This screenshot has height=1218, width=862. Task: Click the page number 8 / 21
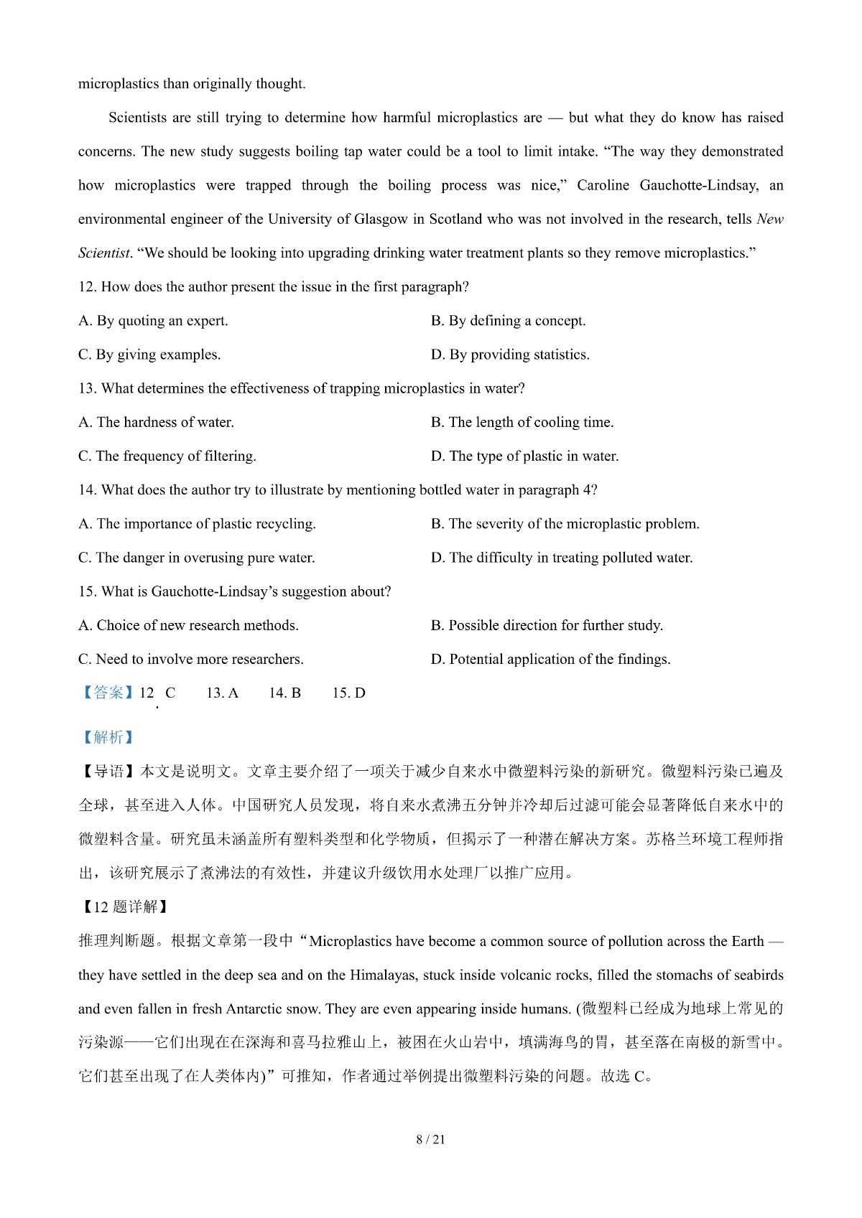coord(430,1139)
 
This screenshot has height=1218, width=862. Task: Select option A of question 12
coord(153,321)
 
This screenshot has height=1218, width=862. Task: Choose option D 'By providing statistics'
coord(510,355)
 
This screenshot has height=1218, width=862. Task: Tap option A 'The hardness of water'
coord(156,422)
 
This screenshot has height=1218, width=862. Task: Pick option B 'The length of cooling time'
coord(522,422)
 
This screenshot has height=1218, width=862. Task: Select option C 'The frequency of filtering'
coord(167,456)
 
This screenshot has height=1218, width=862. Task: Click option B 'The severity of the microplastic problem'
coord(565,524)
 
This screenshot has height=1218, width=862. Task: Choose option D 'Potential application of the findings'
coord(550,659)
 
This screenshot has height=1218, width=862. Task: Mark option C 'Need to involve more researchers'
coord(190,659)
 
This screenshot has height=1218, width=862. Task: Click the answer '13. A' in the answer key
coord(222,693)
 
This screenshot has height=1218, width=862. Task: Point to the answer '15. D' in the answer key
coord(348,693)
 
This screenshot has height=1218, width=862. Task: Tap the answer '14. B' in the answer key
coord(284,693)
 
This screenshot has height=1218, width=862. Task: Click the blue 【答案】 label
coord(107,693)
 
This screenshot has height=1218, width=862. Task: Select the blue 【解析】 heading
coord(107,737)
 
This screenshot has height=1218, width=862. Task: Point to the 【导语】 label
coord(108,772)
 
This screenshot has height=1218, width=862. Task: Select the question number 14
coord(87,490)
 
